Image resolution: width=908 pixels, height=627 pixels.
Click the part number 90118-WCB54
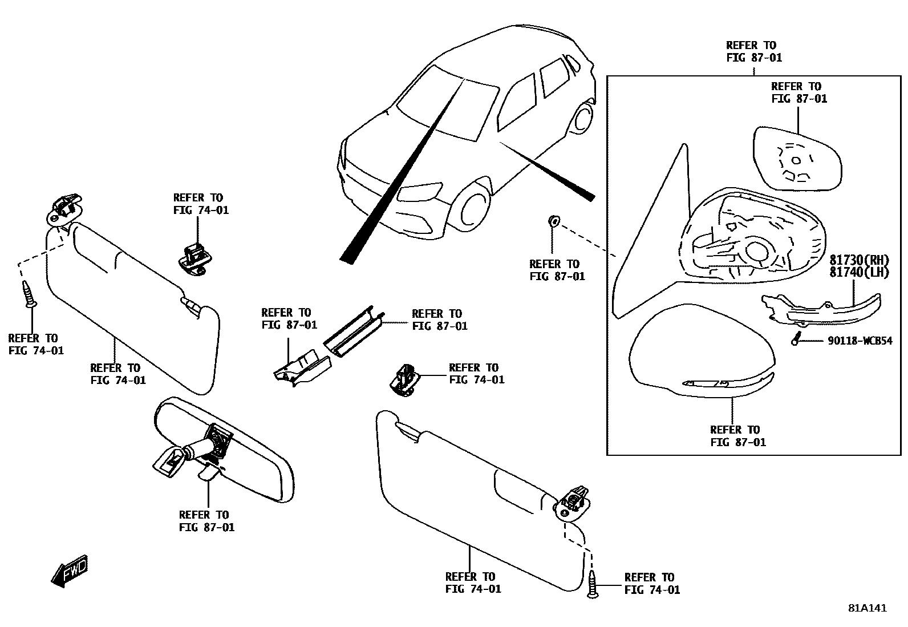coord(860,341)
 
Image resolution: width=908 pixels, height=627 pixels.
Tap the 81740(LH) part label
coord(859,273)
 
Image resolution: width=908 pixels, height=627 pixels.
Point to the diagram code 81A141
coord(867,608)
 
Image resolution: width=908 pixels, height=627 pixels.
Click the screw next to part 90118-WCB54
coord(794,339)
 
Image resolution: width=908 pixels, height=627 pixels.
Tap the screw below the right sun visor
coord(593,583)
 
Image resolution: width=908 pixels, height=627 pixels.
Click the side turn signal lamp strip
coord(821,308)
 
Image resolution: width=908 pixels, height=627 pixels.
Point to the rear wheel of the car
coord(583,119)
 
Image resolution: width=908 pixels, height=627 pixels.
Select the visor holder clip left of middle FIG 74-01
coord(406,379)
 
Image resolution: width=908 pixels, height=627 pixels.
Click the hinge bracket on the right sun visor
coord(573,501)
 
